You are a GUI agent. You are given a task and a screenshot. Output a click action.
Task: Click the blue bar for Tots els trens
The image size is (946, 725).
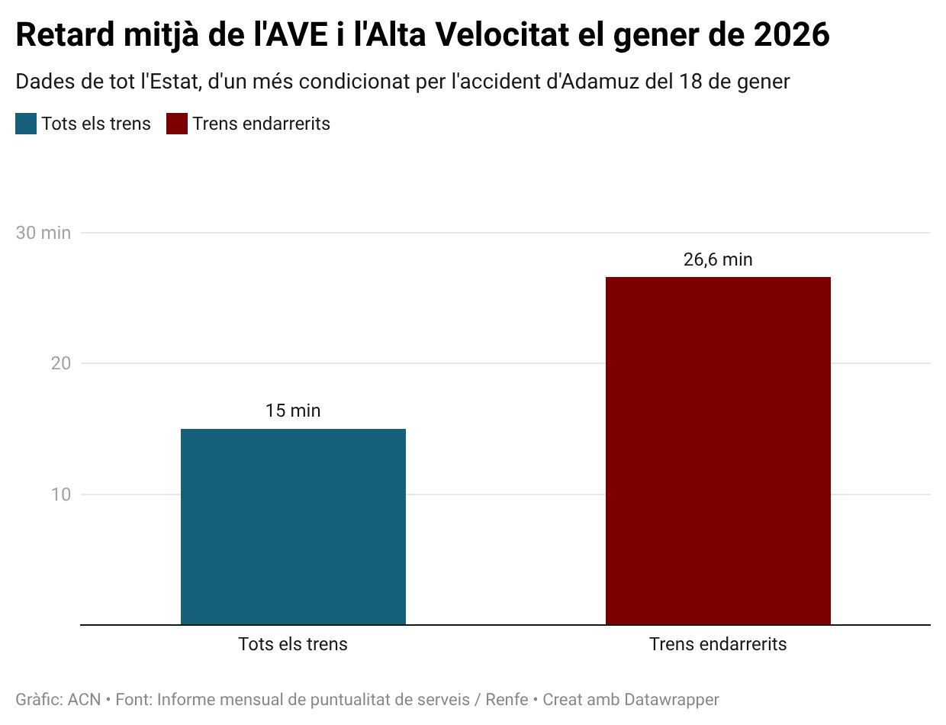click(293, 527)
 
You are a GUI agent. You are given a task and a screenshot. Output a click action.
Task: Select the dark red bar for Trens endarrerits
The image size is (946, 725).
click(718, 450)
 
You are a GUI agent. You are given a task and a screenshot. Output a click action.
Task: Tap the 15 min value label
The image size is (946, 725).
click(293, 411)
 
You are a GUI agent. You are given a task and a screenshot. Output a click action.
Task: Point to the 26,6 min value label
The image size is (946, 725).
click(718, 259)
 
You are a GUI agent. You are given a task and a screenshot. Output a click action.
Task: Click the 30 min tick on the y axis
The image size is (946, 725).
click(43, 233)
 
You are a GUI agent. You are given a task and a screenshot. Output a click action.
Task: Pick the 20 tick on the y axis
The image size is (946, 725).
click(61, 363)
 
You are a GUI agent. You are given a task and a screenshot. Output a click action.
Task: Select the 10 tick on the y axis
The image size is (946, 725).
click(61, 495)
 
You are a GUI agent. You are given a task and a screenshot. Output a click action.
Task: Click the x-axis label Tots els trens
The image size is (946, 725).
click(293, 644)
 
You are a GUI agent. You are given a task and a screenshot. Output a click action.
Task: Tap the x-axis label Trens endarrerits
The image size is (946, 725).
click(718, 644)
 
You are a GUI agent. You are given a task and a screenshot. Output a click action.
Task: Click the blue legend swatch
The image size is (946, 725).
click(26, 124)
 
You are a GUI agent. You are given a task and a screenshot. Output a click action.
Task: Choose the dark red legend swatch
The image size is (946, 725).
click(177, 124)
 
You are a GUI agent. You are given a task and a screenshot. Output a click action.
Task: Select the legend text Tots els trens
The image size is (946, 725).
click(96, 124)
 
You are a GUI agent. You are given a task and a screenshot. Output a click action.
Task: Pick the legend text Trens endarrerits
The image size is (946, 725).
click(262, 124)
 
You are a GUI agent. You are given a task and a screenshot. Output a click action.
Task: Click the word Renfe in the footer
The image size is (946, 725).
click(507, 699)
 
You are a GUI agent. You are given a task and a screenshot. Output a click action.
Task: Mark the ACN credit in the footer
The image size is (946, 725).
click(84, 699)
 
